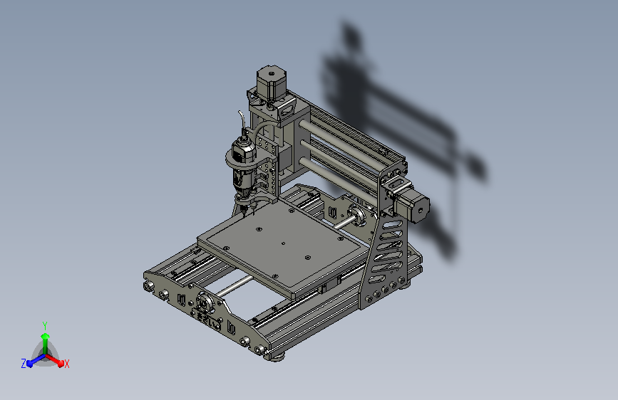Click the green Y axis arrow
point(45,337)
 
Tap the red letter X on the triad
point(67,364)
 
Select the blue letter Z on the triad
point(24,364)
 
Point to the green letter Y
point(45,325)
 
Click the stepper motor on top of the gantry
point(270,81)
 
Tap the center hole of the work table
point(283,243)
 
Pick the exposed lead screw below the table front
point(235,285)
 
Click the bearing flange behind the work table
point(359,214)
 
